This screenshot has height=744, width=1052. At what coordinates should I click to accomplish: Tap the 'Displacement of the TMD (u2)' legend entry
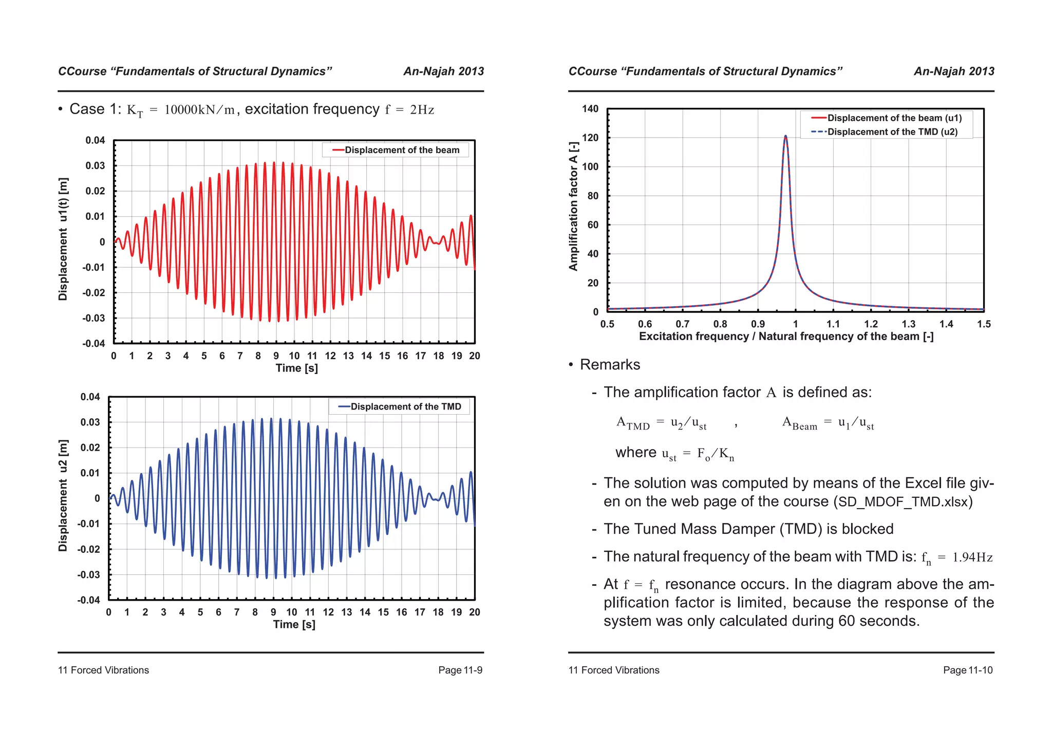(x=892, y=132)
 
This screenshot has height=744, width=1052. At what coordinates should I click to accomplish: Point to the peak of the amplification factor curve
(x=785, y=136)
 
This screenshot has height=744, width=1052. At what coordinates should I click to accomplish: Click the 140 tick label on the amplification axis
(x=590, y=109)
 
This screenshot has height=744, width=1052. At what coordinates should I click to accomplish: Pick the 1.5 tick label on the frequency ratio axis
(x=984, y=324)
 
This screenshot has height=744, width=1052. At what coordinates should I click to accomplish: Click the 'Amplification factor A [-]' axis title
(x=573, y=206)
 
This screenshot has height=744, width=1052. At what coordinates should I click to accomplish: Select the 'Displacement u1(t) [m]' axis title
(x=63, y=239)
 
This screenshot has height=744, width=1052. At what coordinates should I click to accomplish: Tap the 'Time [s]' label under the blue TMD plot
(x=294, y=624)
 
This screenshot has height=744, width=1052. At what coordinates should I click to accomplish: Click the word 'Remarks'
(x=610, y=365)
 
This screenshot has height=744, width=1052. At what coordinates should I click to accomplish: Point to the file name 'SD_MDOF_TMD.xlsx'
(x=903, y=502)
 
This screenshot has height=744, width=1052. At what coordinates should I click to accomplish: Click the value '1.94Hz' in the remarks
(x=972, y=557)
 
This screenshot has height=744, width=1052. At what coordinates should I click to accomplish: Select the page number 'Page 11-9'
(x=460, y=670)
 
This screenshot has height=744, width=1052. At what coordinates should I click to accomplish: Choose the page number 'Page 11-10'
(x=968, y=670)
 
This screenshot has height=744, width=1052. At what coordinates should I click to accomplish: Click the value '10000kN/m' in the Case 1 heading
(x=199, y=110)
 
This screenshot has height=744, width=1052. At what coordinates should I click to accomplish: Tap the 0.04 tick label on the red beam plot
(x=95, y=140)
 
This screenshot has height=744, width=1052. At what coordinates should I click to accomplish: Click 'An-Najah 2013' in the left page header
(x=443, y=71)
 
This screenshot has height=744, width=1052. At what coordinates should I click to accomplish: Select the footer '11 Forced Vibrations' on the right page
(x=614, y=670)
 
